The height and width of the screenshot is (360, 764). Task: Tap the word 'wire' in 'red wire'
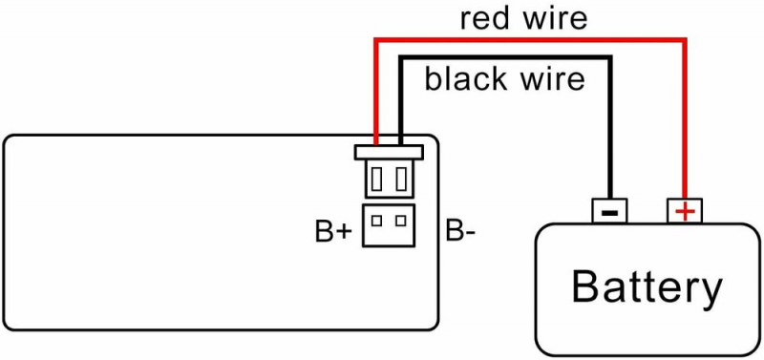coord(558,19)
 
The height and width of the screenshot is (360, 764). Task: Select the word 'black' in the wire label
coord(468,79)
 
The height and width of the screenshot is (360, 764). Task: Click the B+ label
coord(333,232)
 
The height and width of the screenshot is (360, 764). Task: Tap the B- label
coord(460,232)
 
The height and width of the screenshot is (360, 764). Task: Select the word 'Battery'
coord(647,287)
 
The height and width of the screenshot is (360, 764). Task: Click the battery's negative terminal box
coord(609,211)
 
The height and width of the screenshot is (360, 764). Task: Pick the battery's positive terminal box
coord(685,211)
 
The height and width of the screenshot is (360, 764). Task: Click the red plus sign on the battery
coord(685,212)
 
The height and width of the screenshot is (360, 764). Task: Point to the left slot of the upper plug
coord(376,179)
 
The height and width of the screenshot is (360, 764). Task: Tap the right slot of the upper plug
coord(401,179)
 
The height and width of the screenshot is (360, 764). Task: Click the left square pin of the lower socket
coord(376,221)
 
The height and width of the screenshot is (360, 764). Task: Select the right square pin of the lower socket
coord(401,221)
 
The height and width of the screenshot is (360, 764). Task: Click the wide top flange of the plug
coord(389,153)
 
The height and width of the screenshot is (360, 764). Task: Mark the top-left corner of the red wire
coord(376,39)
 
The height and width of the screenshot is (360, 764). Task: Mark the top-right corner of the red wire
coord(685,39)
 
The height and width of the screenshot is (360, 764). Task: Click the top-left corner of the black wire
coord(401,57)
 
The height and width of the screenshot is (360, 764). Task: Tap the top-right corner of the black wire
coord(609,57)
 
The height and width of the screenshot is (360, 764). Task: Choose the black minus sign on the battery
coord(609,213)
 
